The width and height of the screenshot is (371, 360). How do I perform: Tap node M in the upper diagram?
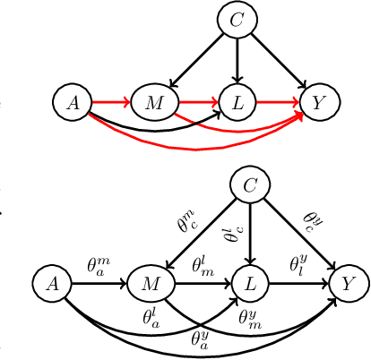click(153, 103)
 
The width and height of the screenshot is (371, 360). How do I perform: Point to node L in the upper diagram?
click(237, 103)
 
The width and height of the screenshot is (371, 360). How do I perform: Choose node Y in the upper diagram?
click(319, 103)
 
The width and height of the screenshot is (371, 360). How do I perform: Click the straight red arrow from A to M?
click(109, 103)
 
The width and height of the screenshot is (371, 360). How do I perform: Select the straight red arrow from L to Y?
click(278, 103)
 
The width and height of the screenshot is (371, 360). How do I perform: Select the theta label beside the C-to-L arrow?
click(233, 235)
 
